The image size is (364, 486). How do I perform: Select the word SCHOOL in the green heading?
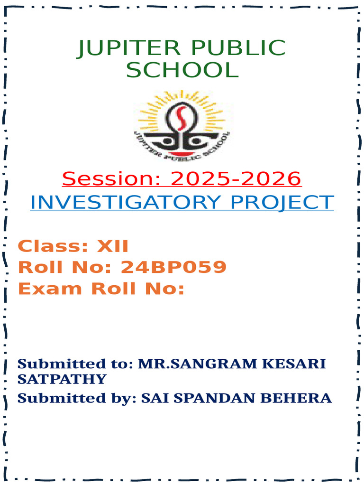point(182,70)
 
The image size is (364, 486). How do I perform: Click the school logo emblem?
point(182,125)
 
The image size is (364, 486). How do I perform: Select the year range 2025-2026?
point(236,179)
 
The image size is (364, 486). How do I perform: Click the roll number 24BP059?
point(173,268)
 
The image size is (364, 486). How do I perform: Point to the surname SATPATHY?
point(62,379)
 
